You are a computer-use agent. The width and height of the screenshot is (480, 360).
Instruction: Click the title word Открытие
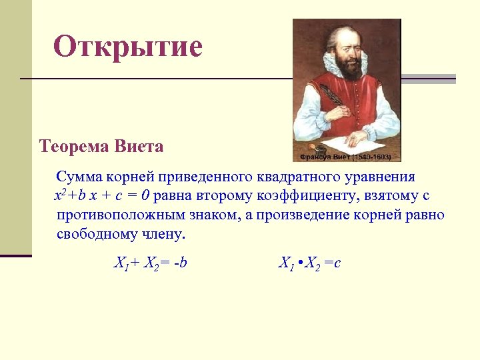click(x=127, y=47)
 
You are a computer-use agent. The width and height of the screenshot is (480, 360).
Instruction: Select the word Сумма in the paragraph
click(x=77, y=177)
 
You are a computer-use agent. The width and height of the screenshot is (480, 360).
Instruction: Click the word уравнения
click(x=379, y=177)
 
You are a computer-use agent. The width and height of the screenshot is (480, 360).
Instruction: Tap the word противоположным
click(x=129, y=216)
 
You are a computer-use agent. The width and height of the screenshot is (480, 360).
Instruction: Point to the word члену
click(x=166, y=235)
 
